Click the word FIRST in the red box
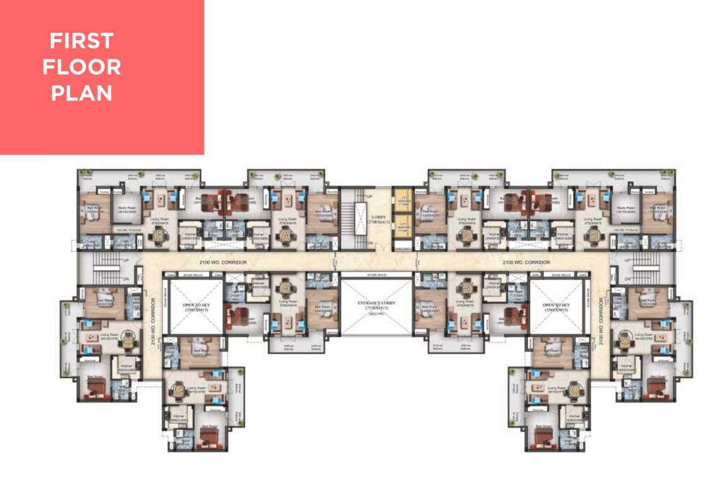(82, 41)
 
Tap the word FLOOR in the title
(82, 67)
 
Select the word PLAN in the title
(82, 93)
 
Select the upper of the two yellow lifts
(401, 199)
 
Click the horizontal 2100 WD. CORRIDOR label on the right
(526, 261)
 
